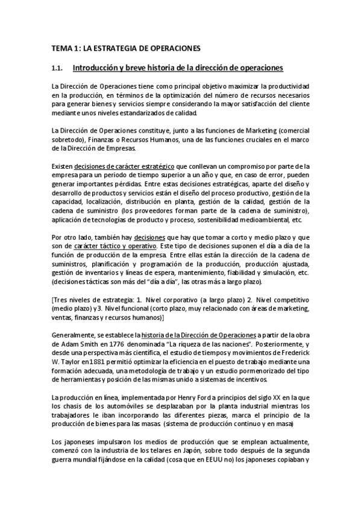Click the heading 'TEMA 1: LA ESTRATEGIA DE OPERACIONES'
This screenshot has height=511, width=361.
point(124,47)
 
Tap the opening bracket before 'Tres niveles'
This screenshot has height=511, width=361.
point(53,300)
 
